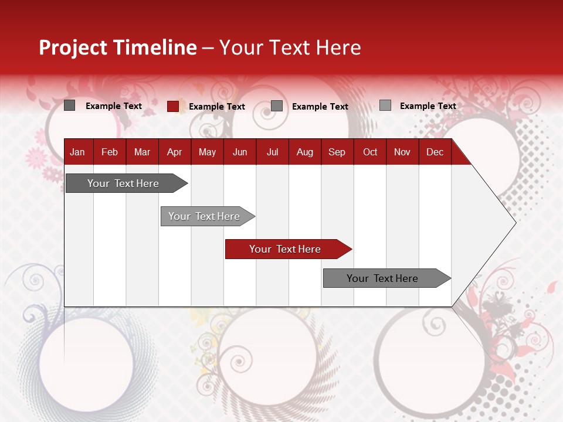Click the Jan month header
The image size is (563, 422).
pos(77,152)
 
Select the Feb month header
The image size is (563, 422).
pos(110,152)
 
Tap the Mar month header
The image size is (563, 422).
pos(142,152)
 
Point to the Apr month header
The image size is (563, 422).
pos(175,152)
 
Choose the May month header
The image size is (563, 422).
pos(207,152)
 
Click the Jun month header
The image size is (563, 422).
pos(240,152)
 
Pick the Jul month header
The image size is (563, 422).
pos(272,152)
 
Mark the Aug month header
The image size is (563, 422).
pos(305,152)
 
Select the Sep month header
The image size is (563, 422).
pos(337,152)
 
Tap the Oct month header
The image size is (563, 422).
pos(370,152)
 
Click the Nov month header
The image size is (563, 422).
pos(402,152)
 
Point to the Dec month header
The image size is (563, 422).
pos(435,152)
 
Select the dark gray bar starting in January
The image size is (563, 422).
pos(124,183)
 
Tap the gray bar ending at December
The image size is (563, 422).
pos(383,278)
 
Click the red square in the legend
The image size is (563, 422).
pos(172,106)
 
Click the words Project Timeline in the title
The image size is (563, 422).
pos(118,47)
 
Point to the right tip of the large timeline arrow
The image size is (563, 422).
pos(514,223)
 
